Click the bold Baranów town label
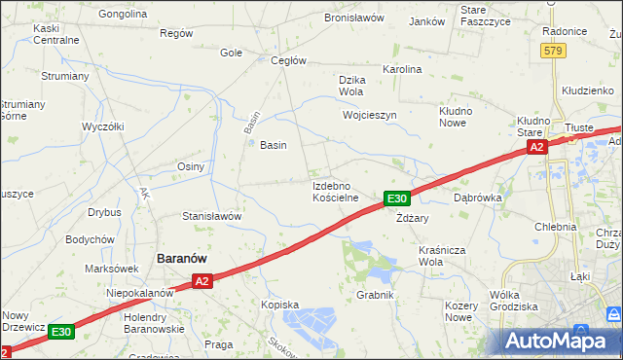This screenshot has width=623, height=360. (x=187, y=258)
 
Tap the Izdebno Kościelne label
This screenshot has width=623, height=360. (x=336, y=191)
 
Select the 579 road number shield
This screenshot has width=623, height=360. (x=554, y=51)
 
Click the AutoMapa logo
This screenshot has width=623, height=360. (x=563, y=341)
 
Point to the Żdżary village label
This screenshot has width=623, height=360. (x=413, y=219)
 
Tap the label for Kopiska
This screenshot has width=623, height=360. (x=279, y=305)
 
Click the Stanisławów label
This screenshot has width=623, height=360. (x=212, y=216)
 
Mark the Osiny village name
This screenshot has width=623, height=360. (x=190, y=166)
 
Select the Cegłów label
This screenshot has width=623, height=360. (x=288, y=60)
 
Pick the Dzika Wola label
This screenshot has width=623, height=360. (x=350, y=86)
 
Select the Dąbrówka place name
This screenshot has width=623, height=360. (x=477, y=197)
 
